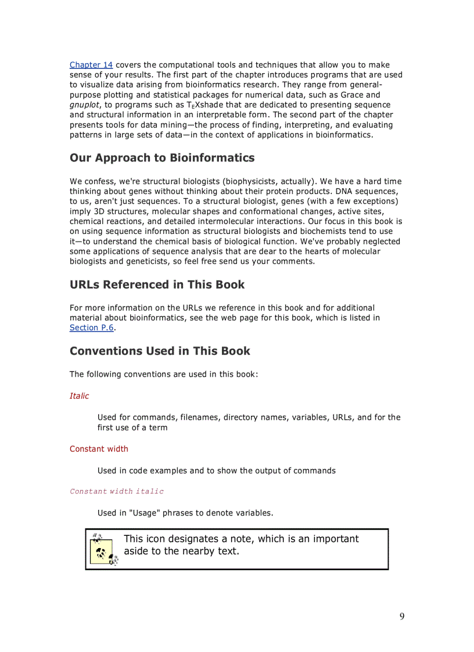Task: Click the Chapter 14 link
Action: click(91, 65)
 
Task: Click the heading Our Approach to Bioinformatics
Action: click(162, 158)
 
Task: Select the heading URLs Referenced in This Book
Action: click(157, 284)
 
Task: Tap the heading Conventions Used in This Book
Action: click(160, 351)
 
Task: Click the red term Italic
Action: click(80, 396)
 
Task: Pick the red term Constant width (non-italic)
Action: click(99, 449)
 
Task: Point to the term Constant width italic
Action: click(117, 491)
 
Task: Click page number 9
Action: click(402, 617)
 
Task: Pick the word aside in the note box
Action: click(136, 551)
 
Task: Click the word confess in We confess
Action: click(99, 182)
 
